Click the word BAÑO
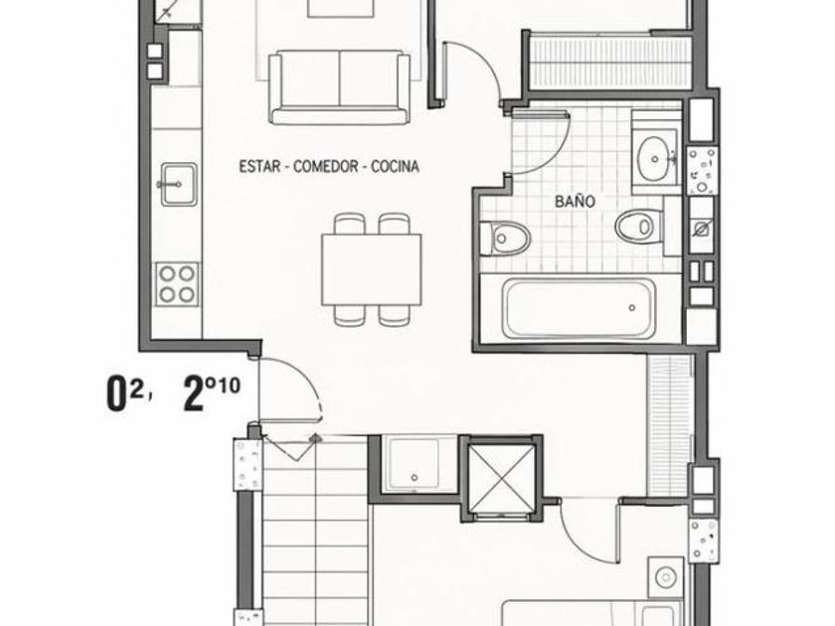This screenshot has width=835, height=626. tap(575, 201)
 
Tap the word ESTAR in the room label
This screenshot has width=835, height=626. tap(259, 167)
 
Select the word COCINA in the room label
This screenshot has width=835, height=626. tap(396, 167)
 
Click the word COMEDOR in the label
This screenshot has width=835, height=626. tap(326, 167)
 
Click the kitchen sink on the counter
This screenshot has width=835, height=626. tap(178, 184)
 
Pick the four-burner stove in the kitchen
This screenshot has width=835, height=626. tap(177, 284)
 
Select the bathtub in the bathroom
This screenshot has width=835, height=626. tap(580, 309)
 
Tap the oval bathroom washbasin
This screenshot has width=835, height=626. tap(654, 158)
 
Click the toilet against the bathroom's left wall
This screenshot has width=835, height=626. tap(504, 237)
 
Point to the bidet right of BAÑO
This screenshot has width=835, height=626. tap(639, 226)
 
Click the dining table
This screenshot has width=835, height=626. tap(372, 269)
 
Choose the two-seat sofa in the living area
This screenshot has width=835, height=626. tap(339, 87)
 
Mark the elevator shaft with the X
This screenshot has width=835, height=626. tap(503, 478)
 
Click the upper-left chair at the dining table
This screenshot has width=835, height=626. tap(350, 224)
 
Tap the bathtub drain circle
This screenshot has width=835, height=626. tap(632, 308)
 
